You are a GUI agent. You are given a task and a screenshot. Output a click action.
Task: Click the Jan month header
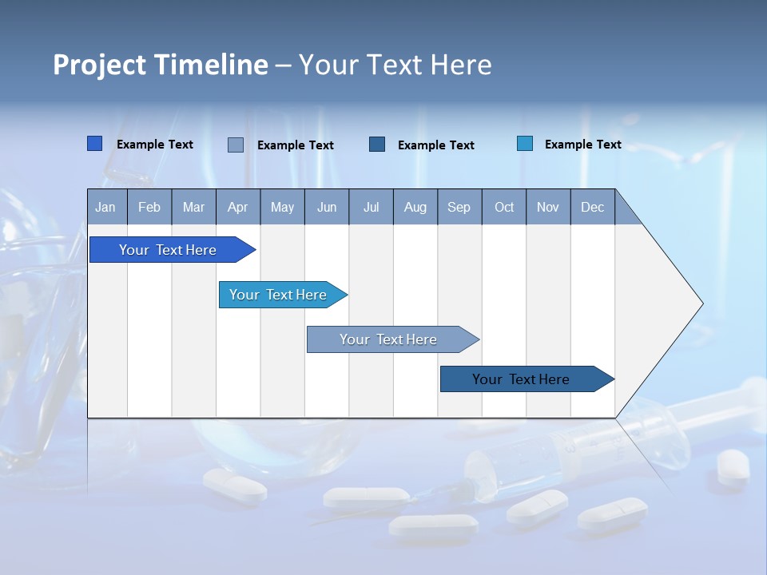click(x=105, y=207)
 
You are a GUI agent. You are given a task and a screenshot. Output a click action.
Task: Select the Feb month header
click(x=149, y=207)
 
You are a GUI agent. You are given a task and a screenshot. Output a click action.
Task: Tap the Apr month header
click(x=237, y=207)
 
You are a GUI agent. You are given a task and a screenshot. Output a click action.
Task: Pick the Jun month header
click(x=327, y=207)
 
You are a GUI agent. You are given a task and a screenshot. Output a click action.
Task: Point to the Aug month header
click(x=415, y=207)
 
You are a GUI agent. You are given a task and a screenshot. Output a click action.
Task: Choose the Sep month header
click(x=459, y=207)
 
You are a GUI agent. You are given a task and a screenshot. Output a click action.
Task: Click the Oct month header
click(x=504, y=207)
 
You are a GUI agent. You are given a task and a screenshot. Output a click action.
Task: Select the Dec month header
click(x=592, y=207)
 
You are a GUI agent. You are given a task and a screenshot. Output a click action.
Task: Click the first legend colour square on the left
click(x=95, y=144)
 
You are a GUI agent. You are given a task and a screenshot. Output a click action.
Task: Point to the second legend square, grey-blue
click(x=236, y=145)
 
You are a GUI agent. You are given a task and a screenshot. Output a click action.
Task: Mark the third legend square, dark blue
click(x=377, y=144)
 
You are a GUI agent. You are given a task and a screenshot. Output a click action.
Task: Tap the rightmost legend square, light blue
click(x=525, y=144)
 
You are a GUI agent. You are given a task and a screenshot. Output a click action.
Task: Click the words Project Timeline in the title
click(x=161, y=65)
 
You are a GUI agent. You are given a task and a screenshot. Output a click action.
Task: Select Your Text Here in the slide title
click(x=395, y=65)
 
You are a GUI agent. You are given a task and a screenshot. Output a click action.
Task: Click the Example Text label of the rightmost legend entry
click(x=582, y=145)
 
